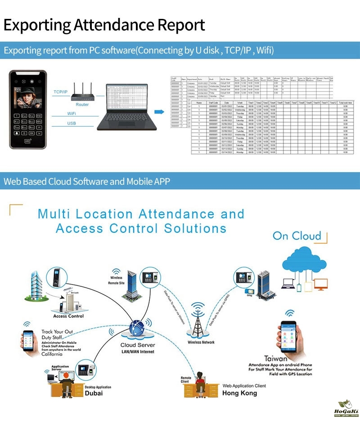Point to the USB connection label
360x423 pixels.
[x=72, y=123]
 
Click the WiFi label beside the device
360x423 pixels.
[x=72, y=113]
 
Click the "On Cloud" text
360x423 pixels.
[x=297, y=236]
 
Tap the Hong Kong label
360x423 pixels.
[x=239, y=393]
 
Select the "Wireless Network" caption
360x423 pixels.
[x=201, y=342]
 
